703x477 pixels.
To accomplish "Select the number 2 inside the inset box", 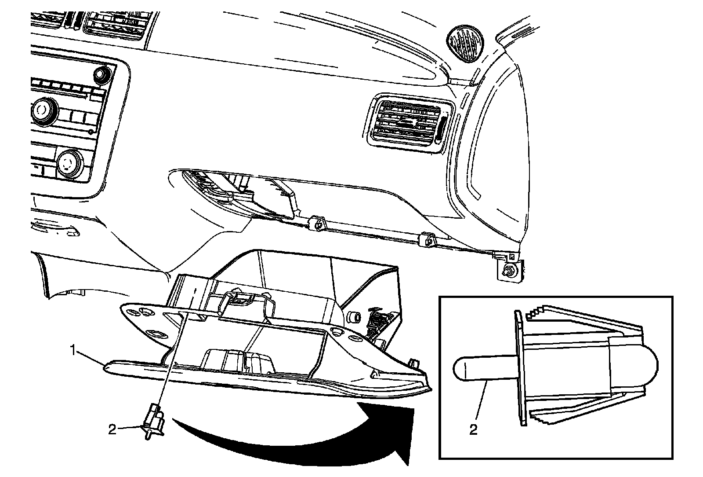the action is pyautogui.click(x=473, y=429).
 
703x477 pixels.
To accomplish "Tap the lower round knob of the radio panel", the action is pyautogui.click(x=69, y=162).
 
